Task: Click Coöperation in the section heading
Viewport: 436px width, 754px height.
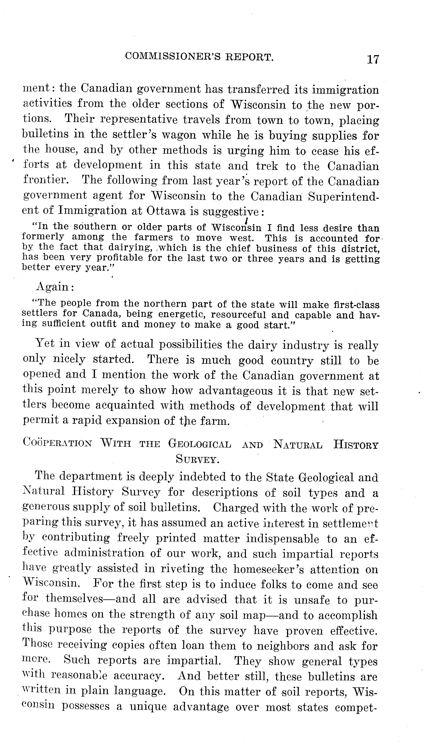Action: coord(57,443)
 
